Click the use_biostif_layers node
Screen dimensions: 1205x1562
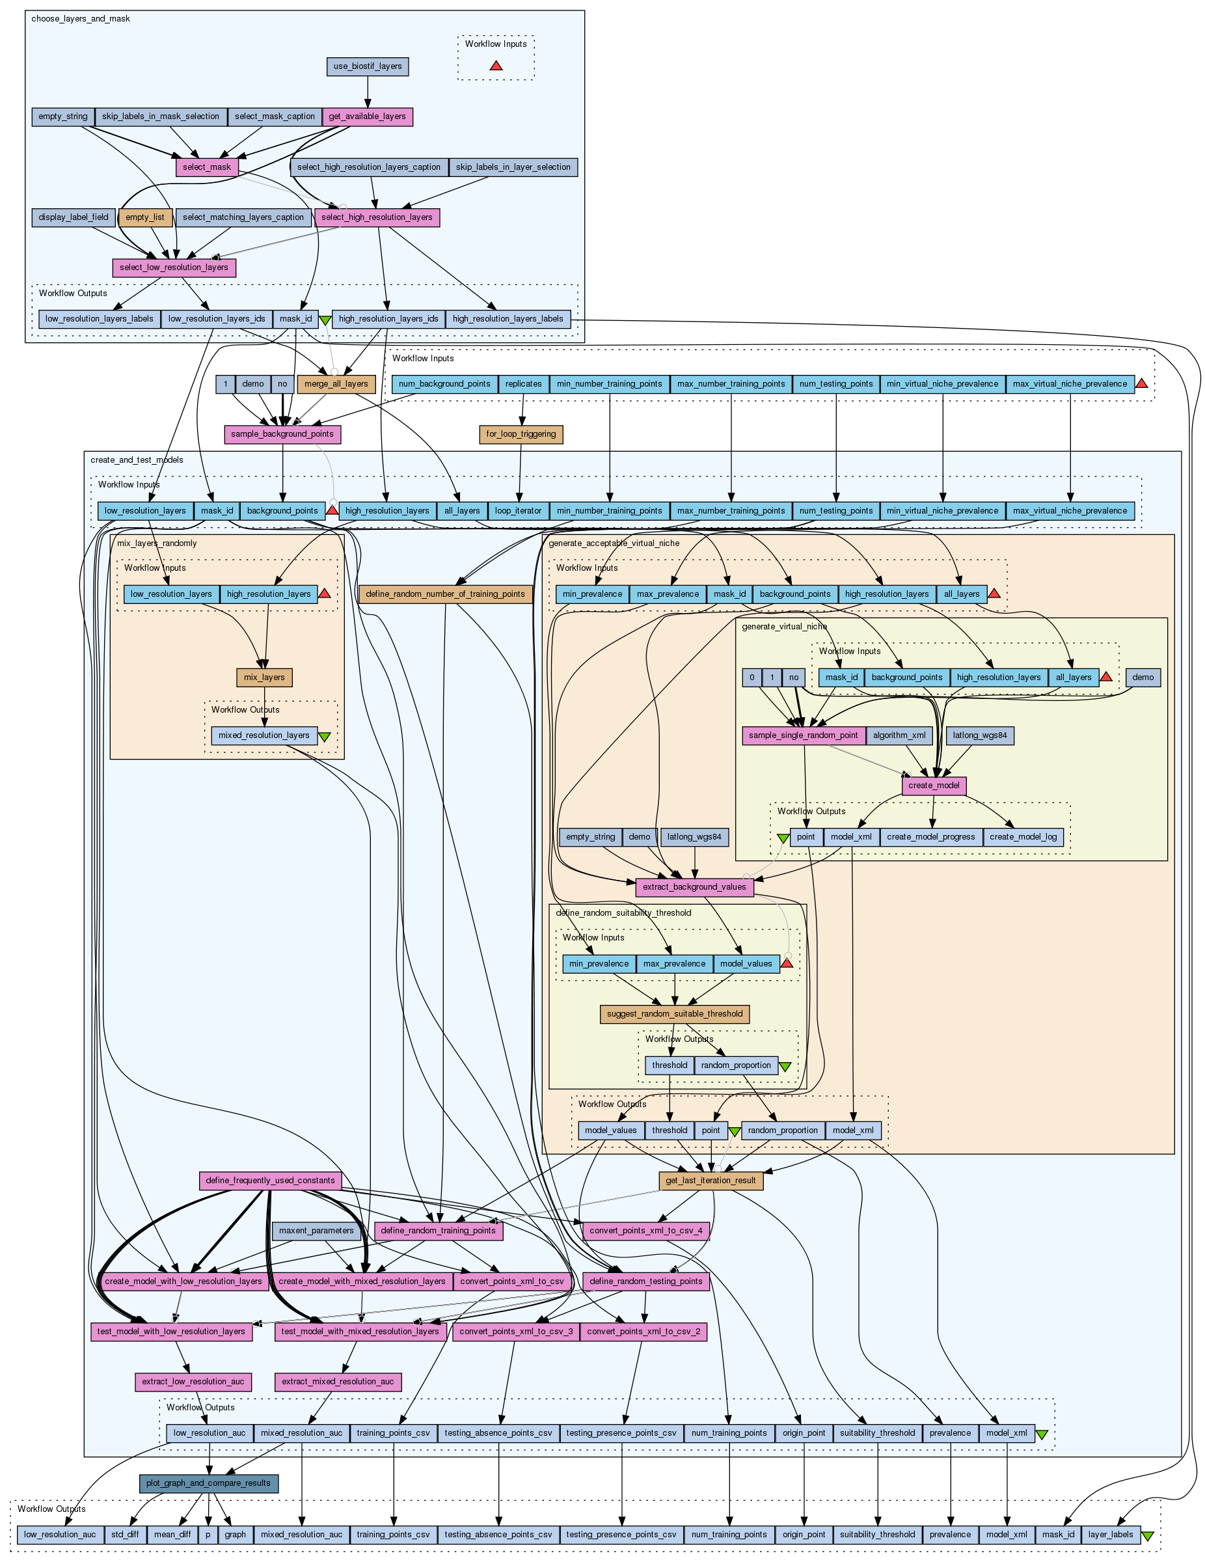(x=368, y=66)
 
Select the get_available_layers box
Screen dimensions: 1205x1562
(x=368, y=116)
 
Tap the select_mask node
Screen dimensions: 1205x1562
(x=207, y=167)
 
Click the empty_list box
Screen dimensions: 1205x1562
(x=145, y=217)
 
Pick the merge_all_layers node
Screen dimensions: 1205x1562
(x=336, y=384)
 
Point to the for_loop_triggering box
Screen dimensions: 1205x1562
(x=521, y=434)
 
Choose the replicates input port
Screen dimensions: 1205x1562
(x=524, y=384)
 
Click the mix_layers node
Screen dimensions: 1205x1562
(x=265, y=678)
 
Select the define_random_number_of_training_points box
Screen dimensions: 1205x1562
(x=446, y=594)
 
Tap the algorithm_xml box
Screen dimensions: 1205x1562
(x=900, y=735)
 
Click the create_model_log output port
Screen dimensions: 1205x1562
(x=1023, y=837)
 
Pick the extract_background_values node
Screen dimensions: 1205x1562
(x=694, y=887)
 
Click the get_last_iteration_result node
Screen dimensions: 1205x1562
(x=711, y=1181)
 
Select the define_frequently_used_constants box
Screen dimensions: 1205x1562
(x=270, y=1181)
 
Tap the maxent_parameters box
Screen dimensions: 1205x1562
(x=316, y=1231)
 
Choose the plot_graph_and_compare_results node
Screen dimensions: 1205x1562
(x=209, y=1483)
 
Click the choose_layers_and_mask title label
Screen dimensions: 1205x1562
(x=81, y=19)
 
